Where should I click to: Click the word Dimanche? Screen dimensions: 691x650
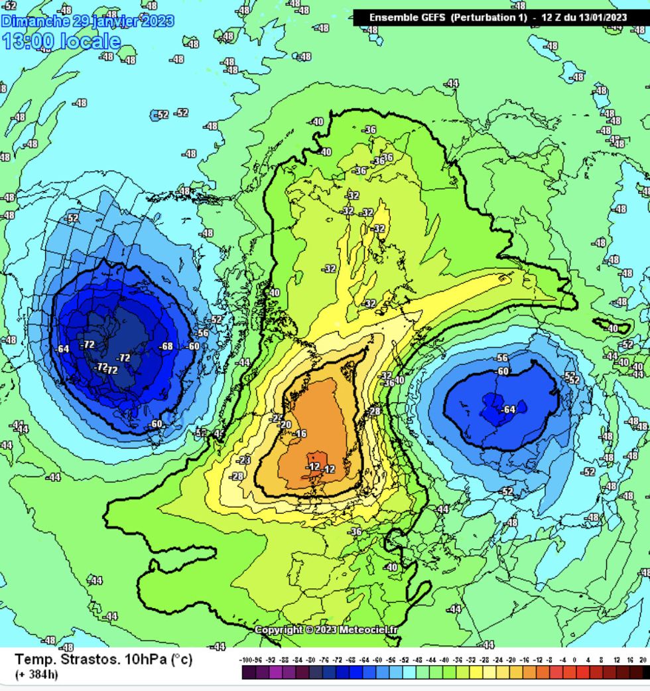pos(36,21)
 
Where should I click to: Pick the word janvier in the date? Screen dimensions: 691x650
pos(114,21)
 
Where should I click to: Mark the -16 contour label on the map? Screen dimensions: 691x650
pos(300,433)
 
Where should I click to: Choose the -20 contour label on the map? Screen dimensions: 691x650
pos(286,425)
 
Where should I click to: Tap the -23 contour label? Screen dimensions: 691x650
pos(245,460)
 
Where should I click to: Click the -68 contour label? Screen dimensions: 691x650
pos(166,346)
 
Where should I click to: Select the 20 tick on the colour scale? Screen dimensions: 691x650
pos(643,660)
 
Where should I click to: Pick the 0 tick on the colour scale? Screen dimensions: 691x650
pos(576,660)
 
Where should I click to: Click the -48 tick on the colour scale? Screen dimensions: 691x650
pos(417,660)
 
